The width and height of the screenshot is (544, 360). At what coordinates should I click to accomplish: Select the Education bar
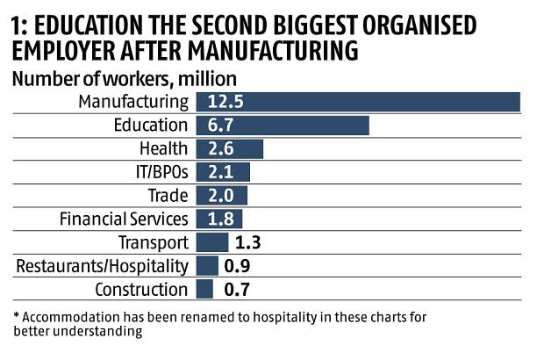[x=283, y=126]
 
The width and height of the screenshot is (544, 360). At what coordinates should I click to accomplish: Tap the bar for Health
[x=230, y=148]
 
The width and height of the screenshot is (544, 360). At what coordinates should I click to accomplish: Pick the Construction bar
[x=204, y=289]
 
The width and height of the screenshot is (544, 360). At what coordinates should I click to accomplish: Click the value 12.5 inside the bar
[x=225, y=102]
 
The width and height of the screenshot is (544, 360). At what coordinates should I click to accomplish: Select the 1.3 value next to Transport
[x=248, y=242]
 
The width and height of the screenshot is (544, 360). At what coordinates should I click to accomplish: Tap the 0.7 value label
[x=233, y=289]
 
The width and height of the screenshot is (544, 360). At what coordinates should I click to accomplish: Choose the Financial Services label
[x=124, y=219]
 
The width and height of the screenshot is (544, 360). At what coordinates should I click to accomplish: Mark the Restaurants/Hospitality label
[x=103, y=265]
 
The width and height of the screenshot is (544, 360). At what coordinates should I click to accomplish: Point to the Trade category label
[x=168, y=196]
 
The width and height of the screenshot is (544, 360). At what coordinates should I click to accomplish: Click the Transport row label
[x=153, y=242]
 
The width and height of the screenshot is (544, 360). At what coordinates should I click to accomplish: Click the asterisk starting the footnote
[x=17, y=315]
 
